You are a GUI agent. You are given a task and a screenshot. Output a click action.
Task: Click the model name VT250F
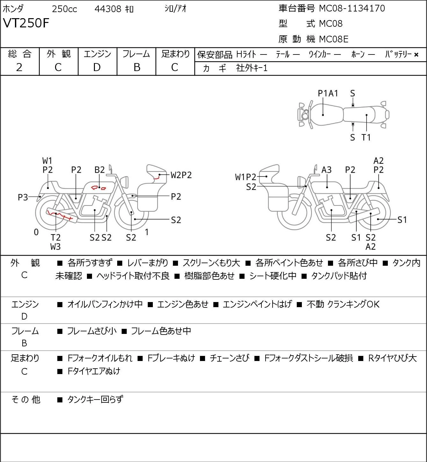tap(26, 23)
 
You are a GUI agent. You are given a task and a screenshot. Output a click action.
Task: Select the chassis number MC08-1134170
tap(352, 8)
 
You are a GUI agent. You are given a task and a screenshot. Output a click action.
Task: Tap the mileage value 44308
tap(108, 9)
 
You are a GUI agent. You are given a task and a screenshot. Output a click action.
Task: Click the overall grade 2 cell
tap(19, 67)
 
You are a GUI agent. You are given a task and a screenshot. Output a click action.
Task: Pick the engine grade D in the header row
tap(97, 67)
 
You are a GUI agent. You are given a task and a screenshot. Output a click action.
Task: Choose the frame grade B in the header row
tap(137, 67)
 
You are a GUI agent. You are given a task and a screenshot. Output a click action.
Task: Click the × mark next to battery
tap(416, 55)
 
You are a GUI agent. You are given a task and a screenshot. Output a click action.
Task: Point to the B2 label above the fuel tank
tap(100, 170)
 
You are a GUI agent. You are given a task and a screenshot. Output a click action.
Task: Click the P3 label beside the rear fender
tap(23, 197)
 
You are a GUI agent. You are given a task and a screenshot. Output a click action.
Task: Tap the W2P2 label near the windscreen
tap(181, 175)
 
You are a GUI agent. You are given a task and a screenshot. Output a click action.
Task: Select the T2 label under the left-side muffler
tap(56, 237)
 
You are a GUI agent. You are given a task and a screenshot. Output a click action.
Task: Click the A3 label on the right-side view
tap(326, 170)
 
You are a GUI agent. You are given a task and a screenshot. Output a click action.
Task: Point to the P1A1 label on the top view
tap(328, 93)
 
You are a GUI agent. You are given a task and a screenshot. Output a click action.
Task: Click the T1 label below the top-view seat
tap(366, 137)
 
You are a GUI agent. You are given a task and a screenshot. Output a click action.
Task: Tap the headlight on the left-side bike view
tap(125, 181)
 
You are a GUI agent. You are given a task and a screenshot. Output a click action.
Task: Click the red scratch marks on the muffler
tap(59, 215)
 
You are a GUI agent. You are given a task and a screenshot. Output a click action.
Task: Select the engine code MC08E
tap(334, 39)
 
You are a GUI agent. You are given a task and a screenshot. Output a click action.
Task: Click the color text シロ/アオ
tap(175, 9)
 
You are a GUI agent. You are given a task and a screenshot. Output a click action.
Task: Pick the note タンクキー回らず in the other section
tap(95, 399)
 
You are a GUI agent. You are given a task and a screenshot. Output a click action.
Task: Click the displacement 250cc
tap(64, 9)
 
